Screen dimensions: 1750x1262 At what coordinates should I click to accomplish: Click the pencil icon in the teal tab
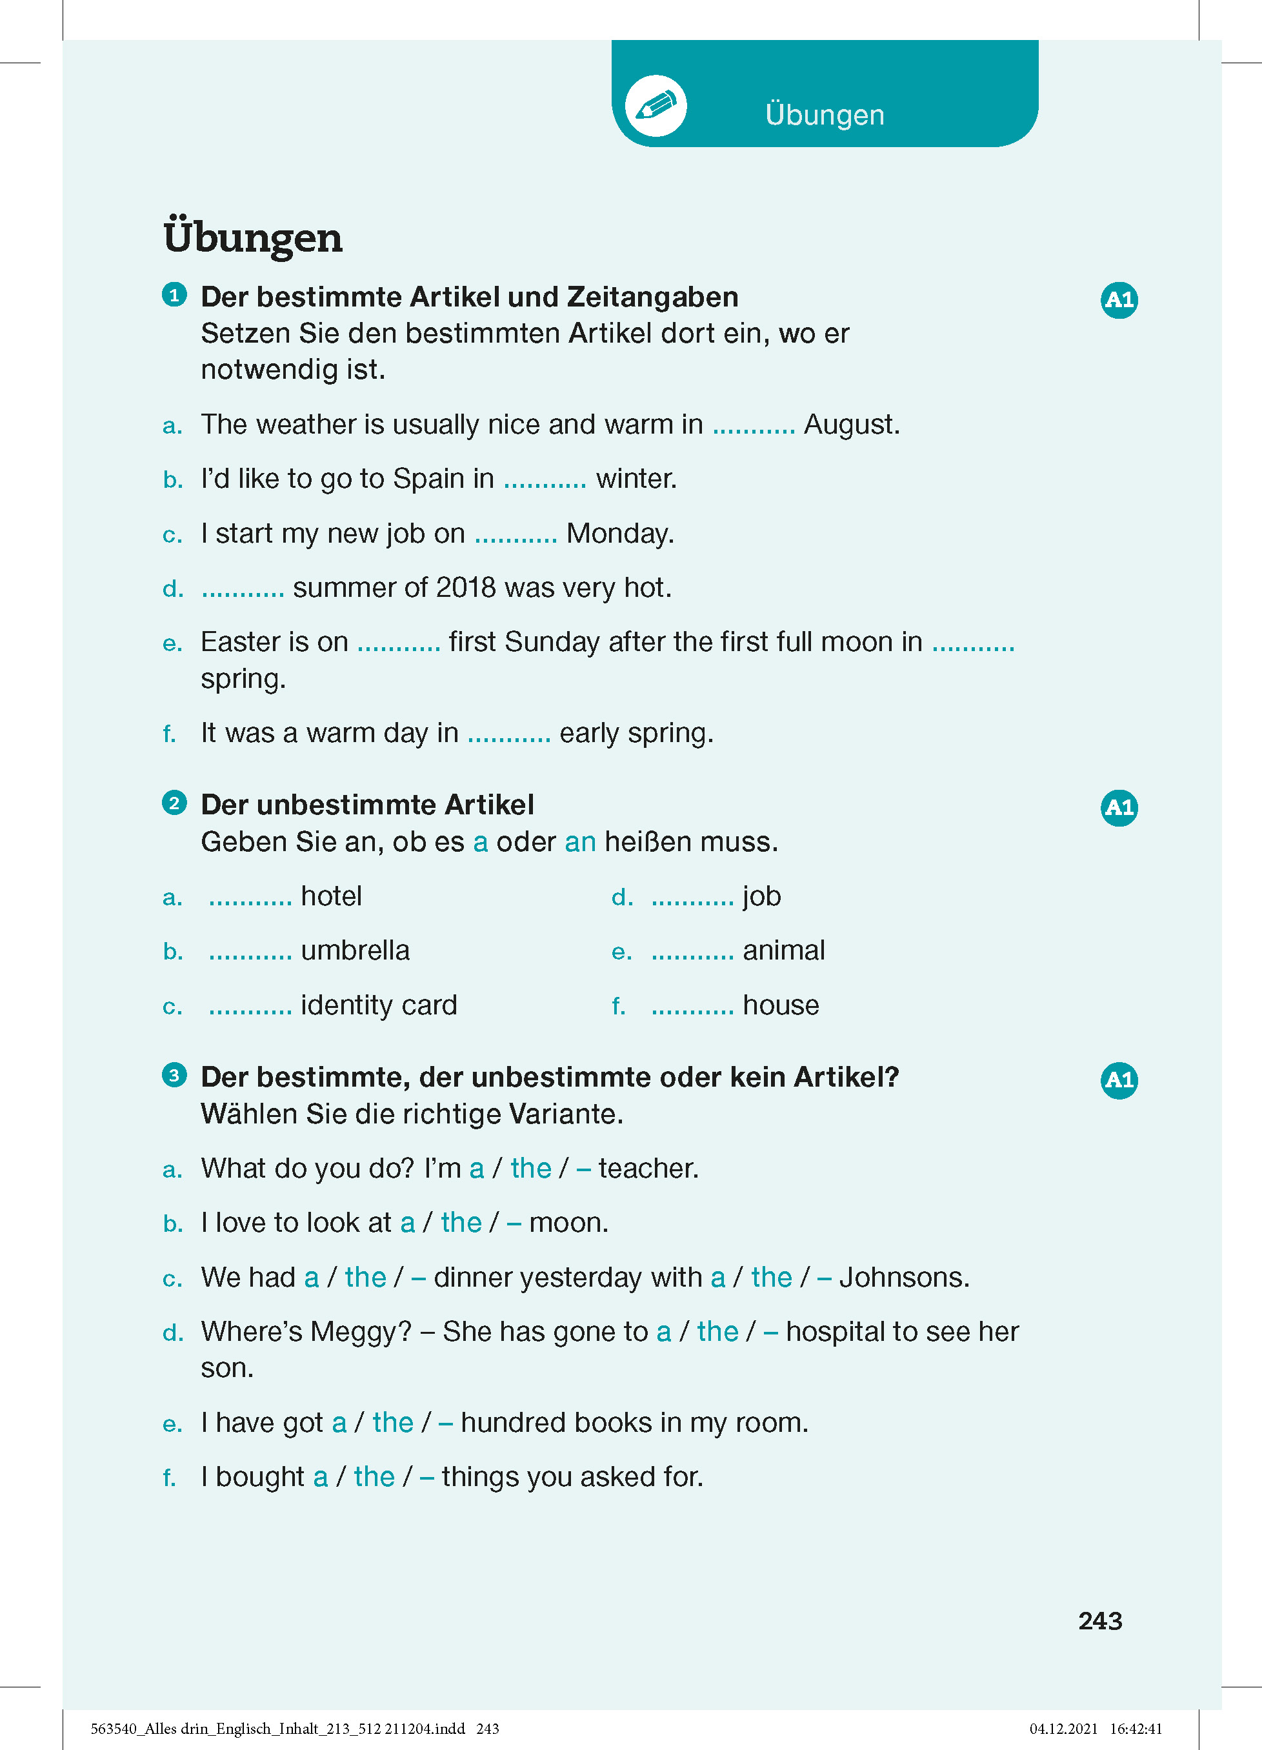coord(656,106)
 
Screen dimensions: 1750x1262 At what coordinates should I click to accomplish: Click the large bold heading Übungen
coord(252,237)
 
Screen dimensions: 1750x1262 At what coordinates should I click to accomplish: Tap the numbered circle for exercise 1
coord(174,295)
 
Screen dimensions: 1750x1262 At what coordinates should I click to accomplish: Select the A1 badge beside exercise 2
coord(1119,808)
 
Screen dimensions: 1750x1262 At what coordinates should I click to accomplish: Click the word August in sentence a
coord(851,425)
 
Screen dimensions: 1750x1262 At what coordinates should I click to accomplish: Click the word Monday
coord(619,534)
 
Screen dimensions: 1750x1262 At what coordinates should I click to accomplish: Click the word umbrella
coord(355,950)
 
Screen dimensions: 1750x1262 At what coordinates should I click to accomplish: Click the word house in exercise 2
coord(781,1005)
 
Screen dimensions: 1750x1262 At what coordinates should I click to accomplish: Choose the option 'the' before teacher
coord(531,1169)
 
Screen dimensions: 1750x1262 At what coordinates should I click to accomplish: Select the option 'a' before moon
coord(407,1223)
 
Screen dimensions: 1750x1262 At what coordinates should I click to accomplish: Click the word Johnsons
coord(903,1278)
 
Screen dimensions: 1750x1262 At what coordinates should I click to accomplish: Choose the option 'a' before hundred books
coord(339,1423)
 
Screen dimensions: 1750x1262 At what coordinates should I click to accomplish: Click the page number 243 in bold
coord(1100,1621)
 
